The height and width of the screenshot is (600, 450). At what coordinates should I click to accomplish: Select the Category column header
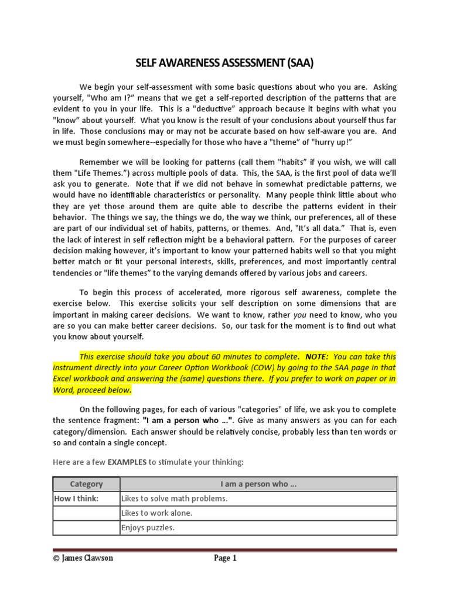point(86,484)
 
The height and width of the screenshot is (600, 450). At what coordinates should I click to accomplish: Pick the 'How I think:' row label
point(77,499)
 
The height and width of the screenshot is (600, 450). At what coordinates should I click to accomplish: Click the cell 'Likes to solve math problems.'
point(174,499)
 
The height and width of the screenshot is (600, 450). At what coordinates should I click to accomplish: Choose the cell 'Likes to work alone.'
point(156,513)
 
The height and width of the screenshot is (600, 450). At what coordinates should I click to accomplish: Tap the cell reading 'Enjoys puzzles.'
point(148,528)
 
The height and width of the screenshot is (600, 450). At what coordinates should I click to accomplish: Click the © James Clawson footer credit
point(83,558)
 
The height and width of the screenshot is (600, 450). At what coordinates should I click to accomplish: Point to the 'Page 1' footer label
point(225,558)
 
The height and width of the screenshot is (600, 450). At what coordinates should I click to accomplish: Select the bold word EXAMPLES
point(127,462)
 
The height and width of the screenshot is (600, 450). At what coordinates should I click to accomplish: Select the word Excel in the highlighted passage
point(63,379)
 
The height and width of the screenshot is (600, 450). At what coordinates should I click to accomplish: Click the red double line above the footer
point(225,550)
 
